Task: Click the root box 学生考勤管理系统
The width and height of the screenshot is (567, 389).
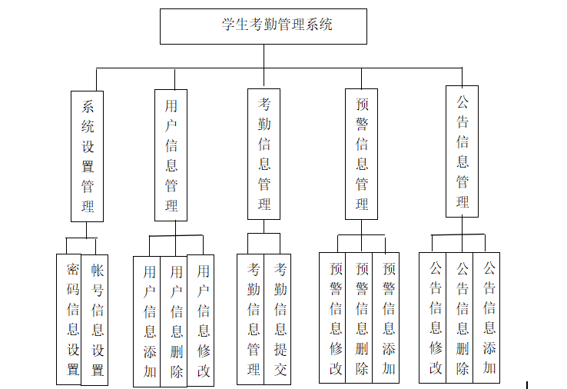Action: [x=263, y=26]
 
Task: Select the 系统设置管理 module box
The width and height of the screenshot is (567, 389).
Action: [x=87, y=156]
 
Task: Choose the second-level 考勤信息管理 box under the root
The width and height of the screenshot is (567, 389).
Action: [x=264, y=154]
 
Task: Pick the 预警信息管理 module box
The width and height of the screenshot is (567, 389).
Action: [x=361, y=154]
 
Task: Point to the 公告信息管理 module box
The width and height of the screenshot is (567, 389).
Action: [x=462, y=151]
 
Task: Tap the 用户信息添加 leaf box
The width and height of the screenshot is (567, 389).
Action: [x=149, y=321]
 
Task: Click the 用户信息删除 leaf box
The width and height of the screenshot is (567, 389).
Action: [x=176, y=321]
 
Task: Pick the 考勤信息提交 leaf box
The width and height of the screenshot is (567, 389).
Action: [x=280, y=319]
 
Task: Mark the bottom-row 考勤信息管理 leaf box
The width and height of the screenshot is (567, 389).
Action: [x=253, y=319]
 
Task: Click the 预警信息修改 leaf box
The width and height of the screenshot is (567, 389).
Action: [x=335, y=318]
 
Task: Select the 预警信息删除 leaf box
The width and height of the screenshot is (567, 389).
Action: [x=361, y=318]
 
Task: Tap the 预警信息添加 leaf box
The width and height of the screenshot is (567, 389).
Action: [x=388, y=318]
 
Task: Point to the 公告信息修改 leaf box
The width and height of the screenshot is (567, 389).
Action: [x=435, y=318]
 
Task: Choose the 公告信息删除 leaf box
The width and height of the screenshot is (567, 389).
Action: [x=462, y=318]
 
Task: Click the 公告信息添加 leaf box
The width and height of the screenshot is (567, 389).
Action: [x=488, y=318]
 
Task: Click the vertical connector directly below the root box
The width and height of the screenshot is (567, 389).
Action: [x=264, y=56]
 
